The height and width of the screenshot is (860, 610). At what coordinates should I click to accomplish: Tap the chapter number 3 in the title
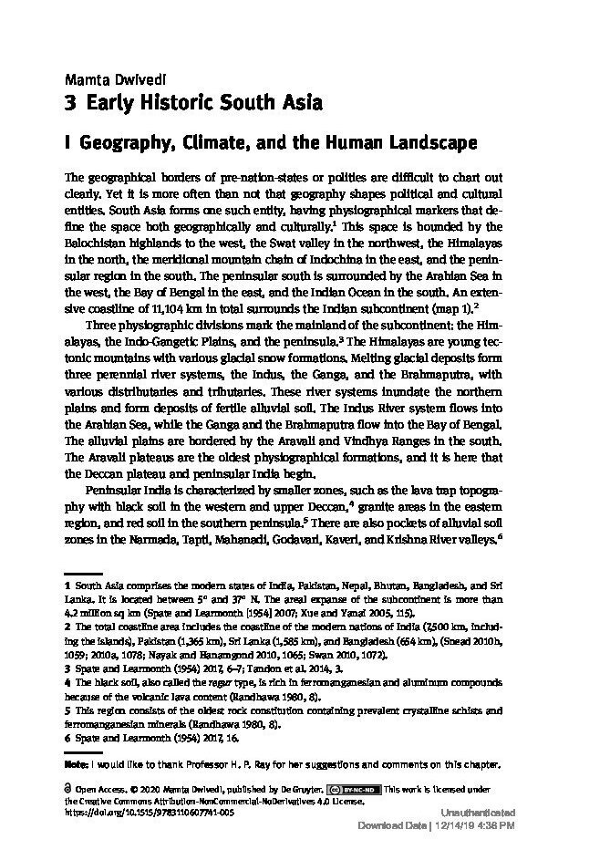[71, 102]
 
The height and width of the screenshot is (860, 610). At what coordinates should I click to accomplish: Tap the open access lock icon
[69, 786]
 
